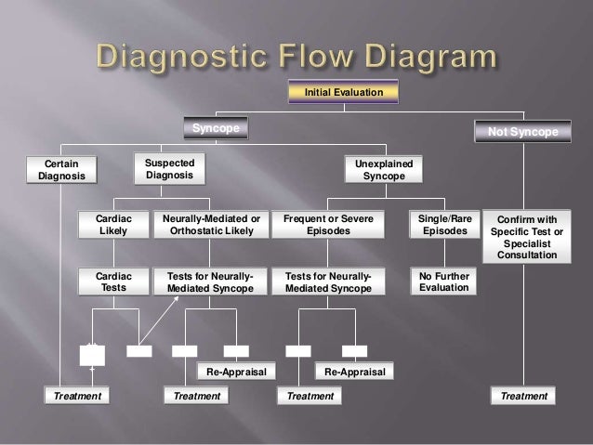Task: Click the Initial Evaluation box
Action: (x=345, y=92)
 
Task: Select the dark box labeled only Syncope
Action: (x=215, y=127)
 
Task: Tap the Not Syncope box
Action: (x=523, y=132)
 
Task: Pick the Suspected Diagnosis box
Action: (x=169, y=168)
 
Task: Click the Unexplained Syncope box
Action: (x=384, y=169)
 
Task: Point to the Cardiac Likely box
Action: (x=113, y=224)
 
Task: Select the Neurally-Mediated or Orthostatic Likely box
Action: (x=210, y=224)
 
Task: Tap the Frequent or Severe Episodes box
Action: (x=328, y=224)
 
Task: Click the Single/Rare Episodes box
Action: (x=444, y=224)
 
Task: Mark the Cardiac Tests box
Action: (x=113, y=281)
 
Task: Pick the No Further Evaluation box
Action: (x=444, y=281)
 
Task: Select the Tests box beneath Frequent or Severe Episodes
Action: (x=328, y=281)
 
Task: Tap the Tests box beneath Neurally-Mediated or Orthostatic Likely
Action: (x=210, y=281)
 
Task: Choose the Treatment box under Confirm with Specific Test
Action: (x=523, y=396)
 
